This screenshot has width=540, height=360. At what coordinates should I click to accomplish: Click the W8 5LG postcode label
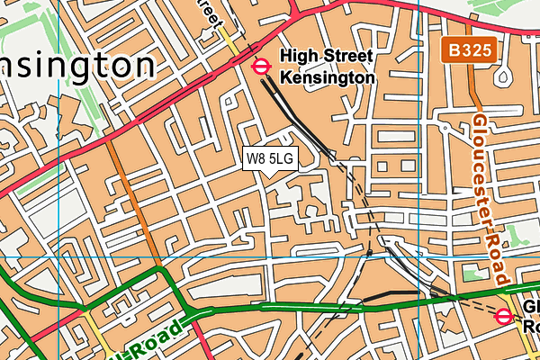tap(270, 158)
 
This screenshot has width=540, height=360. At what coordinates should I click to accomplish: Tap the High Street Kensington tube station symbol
tap(261, 65)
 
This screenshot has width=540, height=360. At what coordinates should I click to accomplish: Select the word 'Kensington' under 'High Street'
tap(327, 78)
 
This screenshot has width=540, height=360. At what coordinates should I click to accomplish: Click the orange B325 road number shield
tap(467, 49)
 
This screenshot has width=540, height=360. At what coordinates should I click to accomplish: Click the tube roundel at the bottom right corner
tap(504, 316)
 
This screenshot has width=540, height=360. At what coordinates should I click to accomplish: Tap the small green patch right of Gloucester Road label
tap(516, 236)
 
